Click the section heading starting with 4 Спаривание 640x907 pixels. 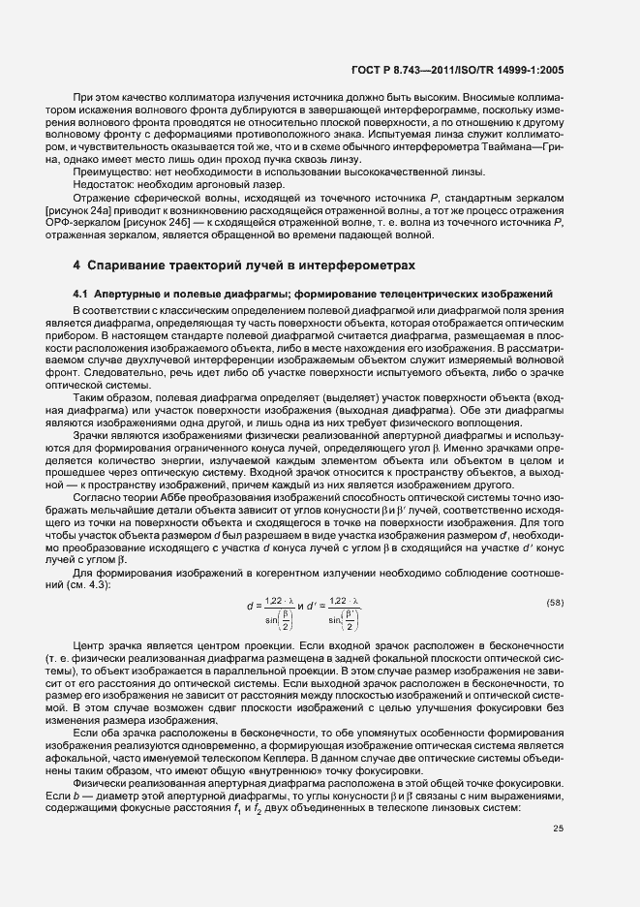pos(244,265)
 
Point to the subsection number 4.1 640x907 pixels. pos(81,293)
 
